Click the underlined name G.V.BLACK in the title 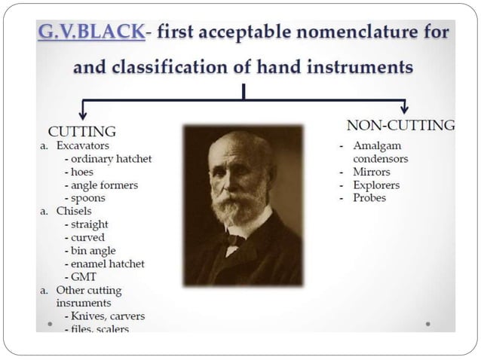click(x=88, y=35)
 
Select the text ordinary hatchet click(x=109, y=158)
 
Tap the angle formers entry click(x=100, y=185)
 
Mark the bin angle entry click(x=94, y=251)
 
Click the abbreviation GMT click(x=83, y=277)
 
